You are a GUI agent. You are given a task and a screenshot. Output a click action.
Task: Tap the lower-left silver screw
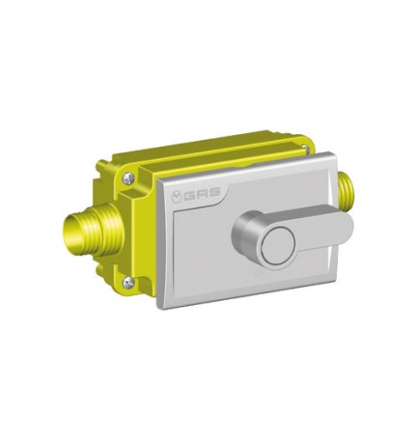point(131,283)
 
